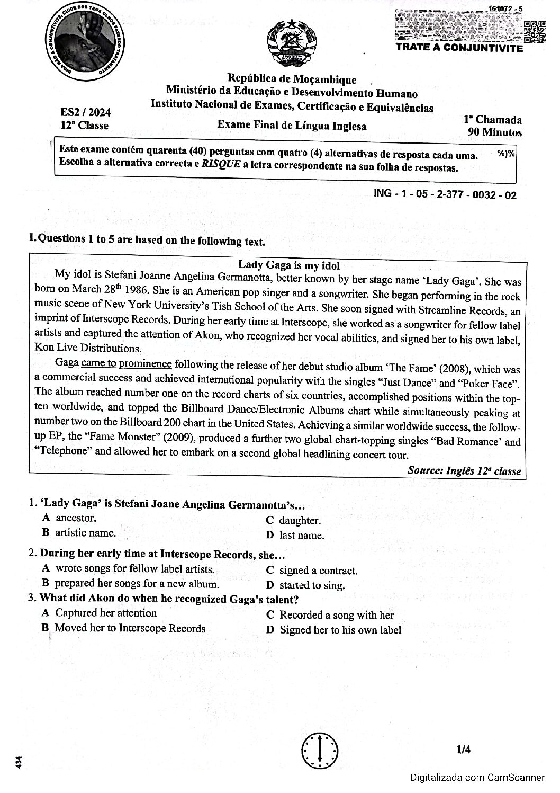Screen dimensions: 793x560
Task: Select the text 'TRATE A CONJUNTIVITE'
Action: pos(459,49)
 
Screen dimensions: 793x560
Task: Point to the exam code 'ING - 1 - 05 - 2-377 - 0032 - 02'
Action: pos(445,194)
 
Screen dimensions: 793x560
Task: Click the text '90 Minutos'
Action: pos(495,132)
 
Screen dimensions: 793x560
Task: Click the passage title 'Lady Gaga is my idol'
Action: pos(288,265)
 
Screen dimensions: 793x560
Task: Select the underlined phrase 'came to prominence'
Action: pos(127,364)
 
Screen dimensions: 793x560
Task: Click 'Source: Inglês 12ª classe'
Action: pos(464,471)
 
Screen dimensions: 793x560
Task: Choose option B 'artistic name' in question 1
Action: pos(85,533)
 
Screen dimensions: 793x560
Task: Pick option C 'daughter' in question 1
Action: pos(300,521)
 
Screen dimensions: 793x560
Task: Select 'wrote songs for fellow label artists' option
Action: pos(134,569)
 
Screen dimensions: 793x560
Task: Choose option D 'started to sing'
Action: pos(312,585)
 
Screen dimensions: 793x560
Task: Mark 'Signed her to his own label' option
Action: pos(340,630)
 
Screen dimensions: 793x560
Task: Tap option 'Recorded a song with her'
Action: pos(336,615)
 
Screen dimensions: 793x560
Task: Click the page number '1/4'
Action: pos(463,750)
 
